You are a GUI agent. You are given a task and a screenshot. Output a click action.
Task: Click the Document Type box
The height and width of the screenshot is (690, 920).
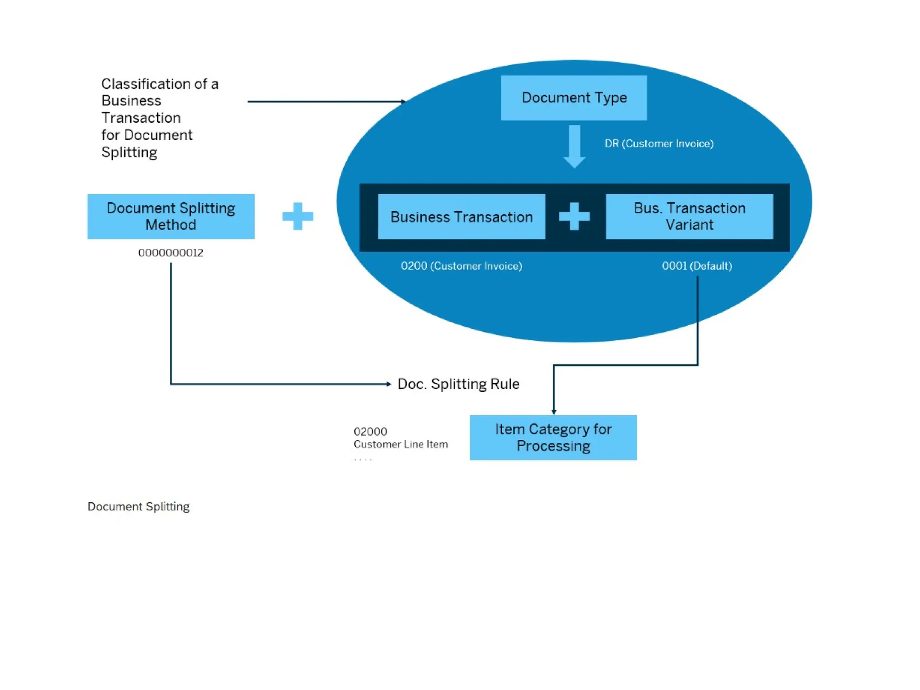pos(574,97)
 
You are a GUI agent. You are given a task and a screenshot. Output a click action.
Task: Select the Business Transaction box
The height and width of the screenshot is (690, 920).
pos(461,217)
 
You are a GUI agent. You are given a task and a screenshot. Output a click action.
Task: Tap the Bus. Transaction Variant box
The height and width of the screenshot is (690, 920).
pos(689,217)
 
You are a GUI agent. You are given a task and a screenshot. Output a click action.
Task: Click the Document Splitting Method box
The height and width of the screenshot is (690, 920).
pos(171,217)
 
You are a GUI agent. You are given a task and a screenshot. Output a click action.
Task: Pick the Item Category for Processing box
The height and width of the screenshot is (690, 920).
pos(553,437)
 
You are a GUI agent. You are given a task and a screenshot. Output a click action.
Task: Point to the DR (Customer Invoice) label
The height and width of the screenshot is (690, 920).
pos(659,144)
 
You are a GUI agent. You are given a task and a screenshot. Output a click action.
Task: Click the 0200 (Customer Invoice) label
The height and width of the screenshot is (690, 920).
pos(461,266)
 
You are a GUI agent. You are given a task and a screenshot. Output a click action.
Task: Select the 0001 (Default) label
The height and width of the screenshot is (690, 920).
pos(697,266)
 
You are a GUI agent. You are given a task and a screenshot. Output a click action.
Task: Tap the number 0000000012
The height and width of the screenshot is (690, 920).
pos(171,253)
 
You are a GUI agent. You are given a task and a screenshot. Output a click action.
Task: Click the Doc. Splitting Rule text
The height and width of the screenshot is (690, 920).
pos(458,384)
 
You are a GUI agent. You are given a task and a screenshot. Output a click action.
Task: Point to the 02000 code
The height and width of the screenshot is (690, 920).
pos(370,432)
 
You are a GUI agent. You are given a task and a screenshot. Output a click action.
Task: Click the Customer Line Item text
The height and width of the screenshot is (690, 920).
pos(401,444)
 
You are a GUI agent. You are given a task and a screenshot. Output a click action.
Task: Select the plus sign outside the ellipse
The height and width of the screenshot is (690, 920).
pos(297,217)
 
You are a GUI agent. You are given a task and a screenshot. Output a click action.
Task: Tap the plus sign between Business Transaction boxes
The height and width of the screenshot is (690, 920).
pos(574,217)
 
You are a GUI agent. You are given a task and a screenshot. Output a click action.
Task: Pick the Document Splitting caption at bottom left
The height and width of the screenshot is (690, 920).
pos(138,507)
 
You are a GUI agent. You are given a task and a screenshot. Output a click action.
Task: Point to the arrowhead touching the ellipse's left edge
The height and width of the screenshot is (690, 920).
pos(403,102)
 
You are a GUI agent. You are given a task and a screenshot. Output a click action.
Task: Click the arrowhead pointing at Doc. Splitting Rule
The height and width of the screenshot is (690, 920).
pos(389,384)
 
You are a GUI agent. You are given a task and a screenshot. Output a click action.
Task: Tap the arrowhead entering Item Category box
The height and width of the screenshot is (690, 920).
pos(553,411)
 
